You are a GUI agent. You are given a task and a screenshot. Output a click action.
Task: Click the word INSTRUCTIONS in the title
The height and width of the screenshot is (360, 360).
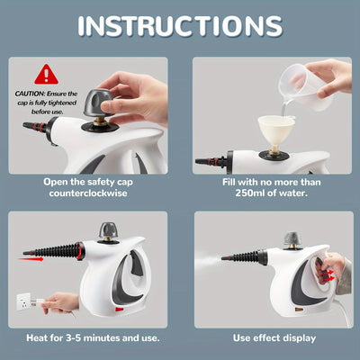[x=180, y=26]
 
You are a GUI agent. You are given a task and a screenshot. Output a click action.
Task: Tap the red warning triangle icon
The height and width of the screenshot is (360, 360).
[x=46, y=73]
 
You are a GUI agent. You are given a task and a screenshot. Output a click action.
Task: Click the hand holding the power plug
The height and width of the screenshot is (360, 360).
[x=63, y=301]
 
